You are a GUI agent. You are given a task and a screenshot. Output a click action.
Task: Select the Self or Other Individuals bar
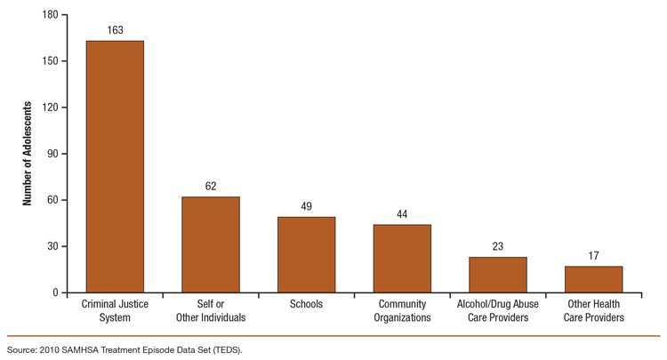click(211, 244)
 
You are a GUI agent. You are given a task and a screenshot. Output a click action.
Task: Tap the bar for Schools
click(306, 254)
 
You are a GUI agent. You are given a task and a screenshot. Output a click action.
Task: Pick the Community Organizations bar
click(402, 259)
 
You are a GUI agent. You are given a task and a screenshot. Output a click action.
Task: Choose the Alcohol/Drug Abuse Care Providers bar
click(497, 275)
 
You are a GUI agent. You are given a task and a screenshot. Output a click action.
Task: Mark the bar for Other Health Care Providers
click(593, 279)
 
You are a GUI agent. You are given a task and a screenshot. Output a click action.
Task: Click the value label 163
click(115, 31)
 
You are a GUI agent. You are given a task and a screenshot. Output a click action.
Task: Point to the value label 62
click(211, 187)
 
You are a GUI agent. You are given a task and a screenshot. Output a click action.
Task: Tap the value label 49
click(306, 207)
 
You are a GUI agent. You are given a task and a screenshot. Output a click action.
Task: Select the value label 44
click(402, 214)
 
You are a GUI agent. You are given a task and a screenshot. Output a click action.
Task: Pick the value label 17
click(593, 256)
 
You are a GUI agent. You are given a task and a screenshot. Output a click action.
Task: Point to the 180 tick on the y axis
click(50, 15)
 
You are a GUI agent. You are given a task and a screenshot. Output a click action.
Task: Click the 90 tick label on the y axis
click(52, 154)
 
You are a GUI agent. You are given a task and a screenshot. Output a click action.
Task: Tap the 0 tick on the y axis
click(55, 292)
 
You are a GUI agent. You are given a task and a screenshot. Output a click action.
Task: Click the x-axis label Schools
click(306, 305)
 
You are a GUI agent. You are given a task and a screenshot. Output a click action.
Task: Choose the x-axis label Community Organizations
click(402, 311)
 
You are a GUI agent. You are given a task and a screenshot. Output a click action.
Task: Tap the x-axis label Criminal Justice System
click(115, 311)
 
